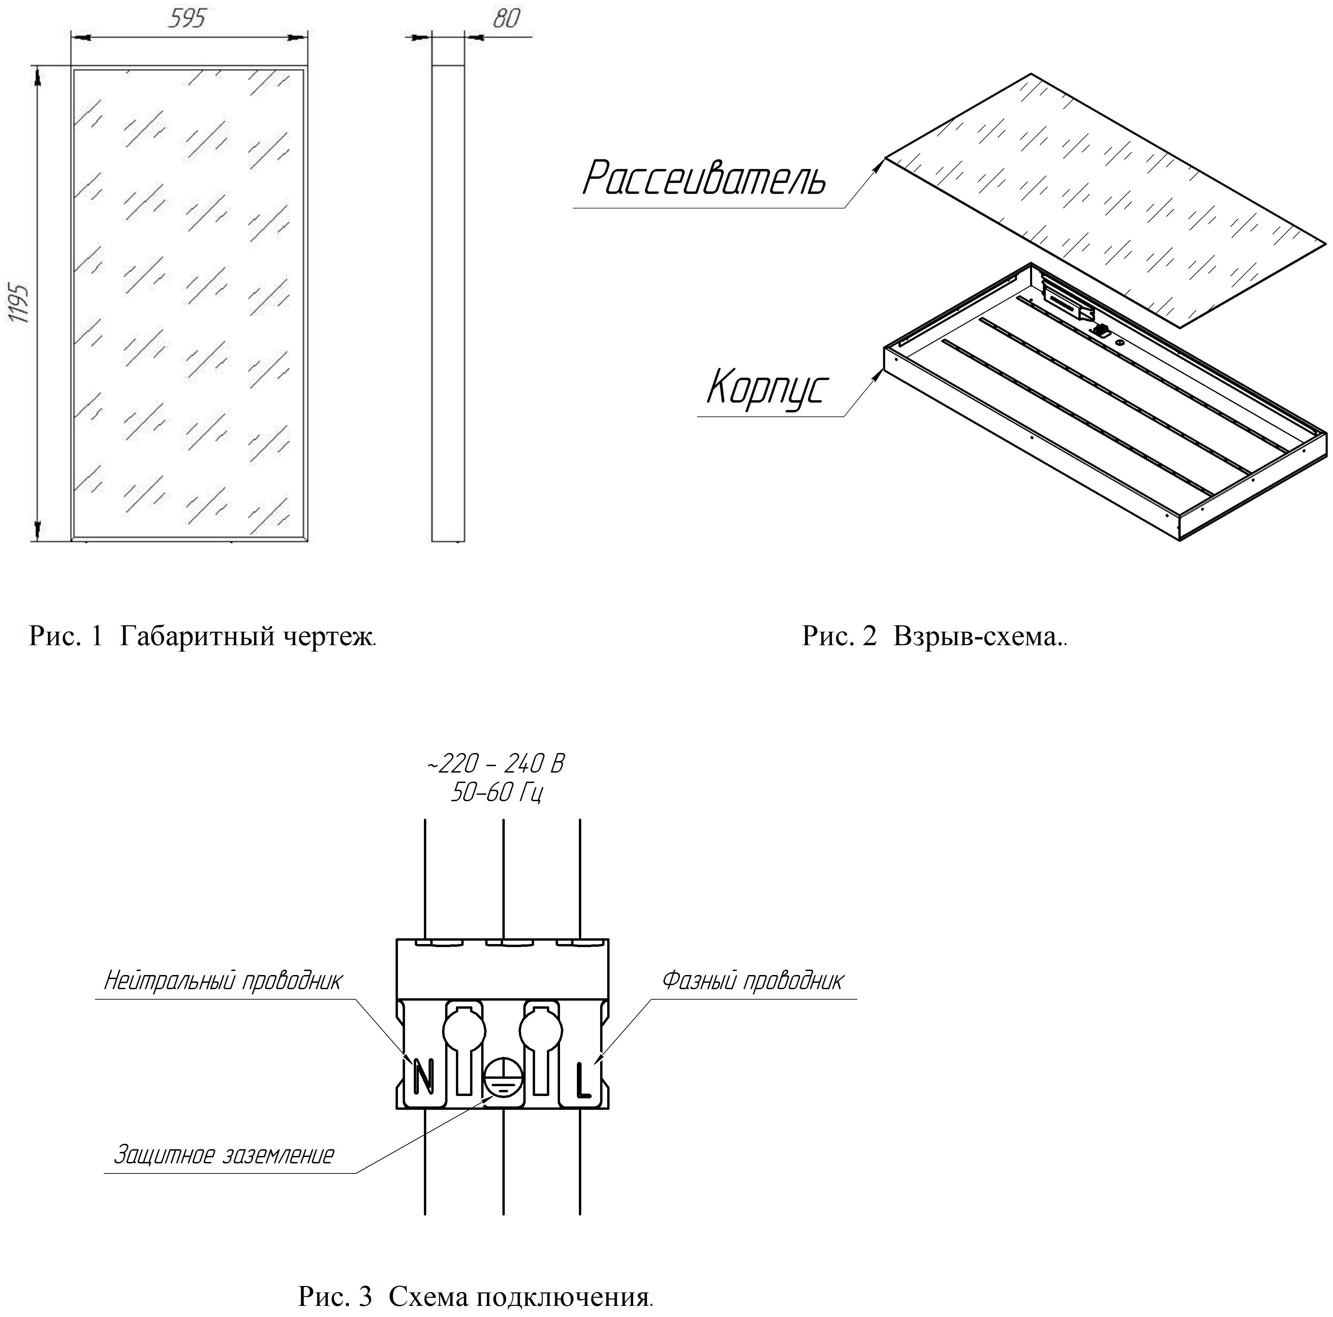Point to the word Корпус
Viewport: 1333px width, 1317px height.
[x=766, y=388]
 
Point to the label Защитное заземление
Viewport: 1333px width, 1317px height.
[x=223, y=1155]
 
